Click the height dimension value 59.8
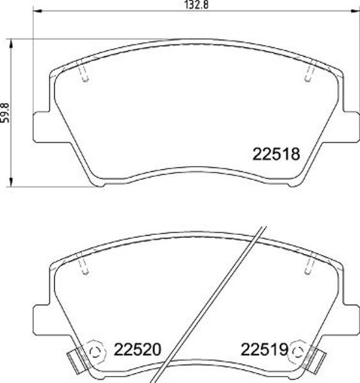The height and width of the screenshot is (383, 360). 6,112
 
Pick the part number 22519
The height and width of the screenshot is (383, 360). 265,349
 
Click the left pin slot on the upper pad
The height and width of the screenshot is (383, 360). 84,74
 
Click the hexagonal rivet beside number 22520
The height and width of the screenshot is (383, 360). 93,349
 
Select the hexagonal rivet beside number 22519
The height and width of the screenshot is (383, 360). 297,349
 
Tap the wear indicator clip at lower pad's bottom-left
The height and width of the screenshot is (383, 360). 74,359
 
